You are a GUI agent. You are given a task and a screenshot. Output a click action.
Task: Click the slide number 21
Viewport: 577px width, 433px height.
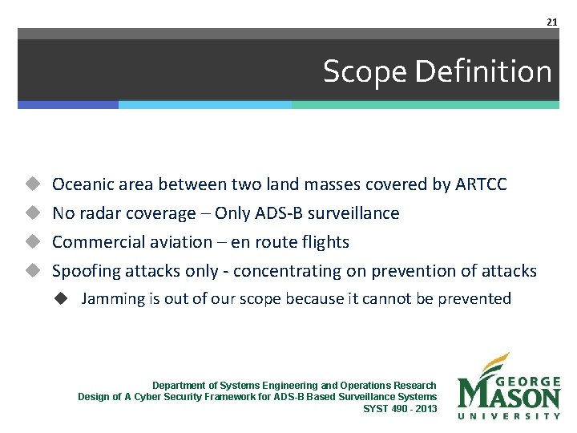click(551, 22)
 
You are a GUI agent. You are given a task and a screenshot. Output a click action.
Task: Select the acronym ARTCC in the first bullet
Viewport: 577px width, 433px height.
click(481, 184)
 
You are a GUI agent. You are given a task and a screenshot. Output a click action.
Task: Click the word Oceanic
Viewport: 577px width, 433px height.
click(81, 184)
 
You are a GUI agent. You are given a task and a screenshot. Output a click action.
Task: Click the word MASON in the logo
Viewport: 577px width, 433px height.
click(508, 395)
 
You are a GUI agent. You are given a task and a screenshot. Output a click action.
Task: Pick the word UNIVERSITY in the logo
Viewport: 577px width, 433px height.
click(508, 415)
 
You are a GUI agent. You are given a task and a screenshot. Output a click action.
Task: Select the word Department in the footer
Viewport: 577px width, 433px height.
click(177, 386)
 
